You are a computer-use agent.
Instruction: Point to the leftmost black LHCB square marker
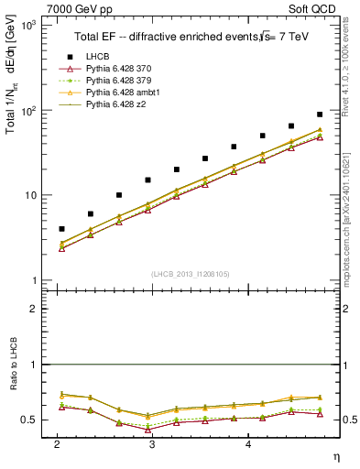(x=61, y=229)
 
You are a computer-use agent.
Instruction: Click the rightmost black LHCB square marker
(x=320, y=115)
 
